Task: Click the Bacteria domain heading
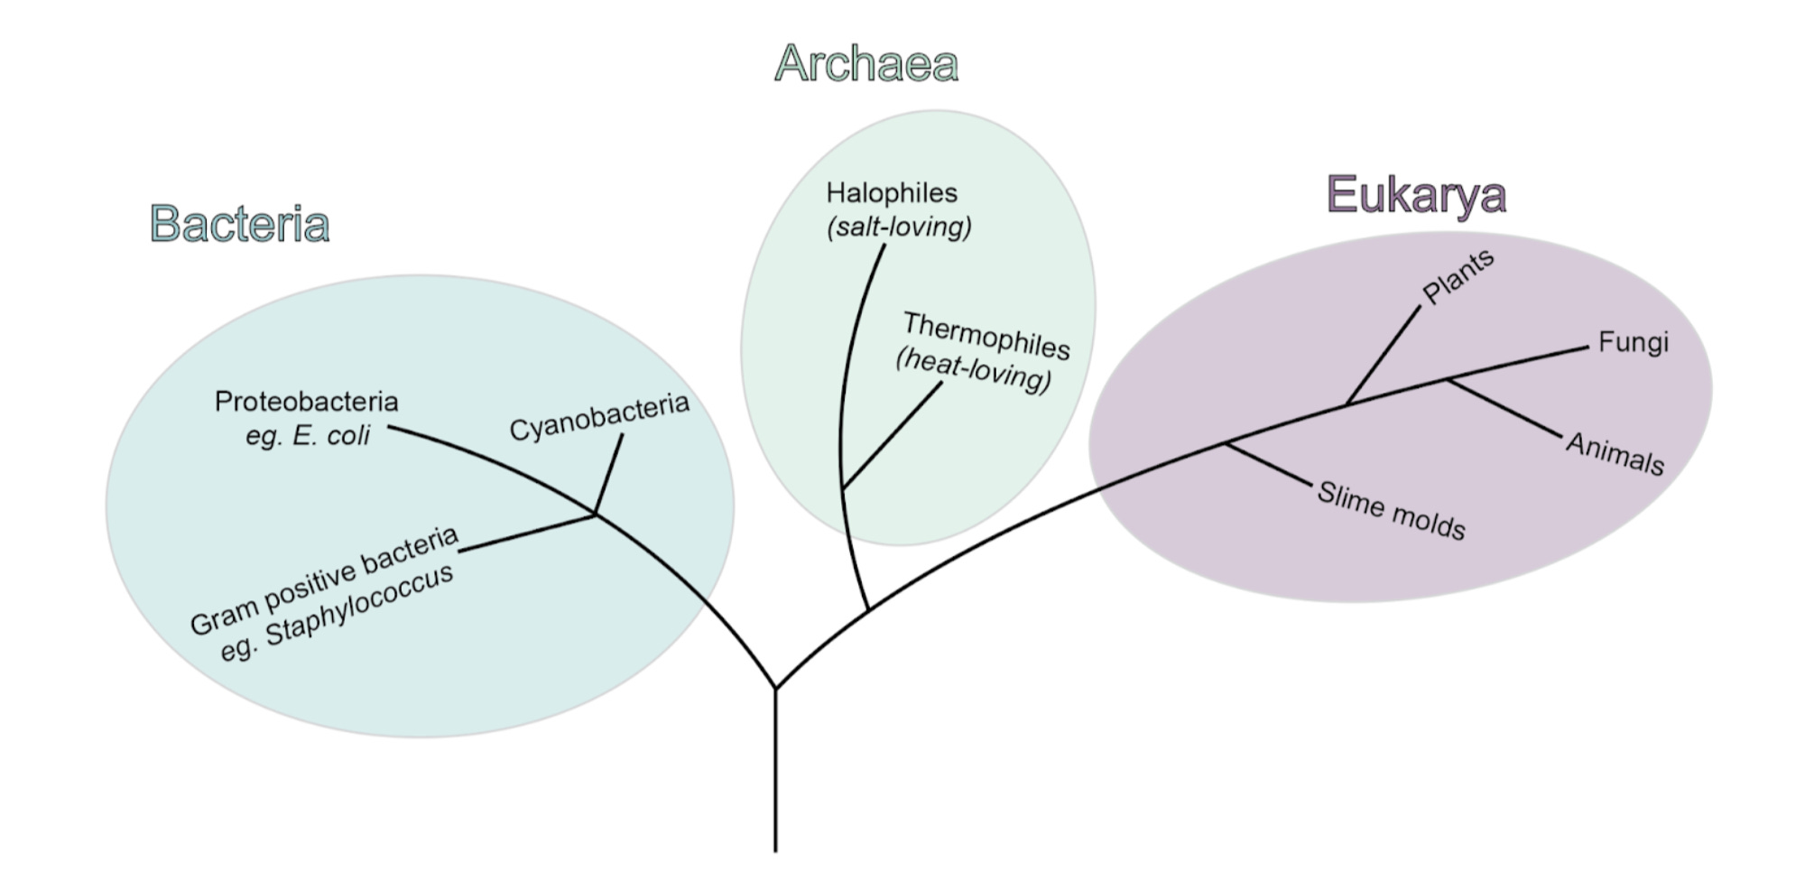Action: click(x=239, y=224)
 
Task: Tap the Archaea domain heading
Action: click(x=865, y=64)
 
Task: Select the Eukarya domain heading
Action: click(x=1415, y=195)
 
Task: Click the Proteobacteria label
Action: click(x=306, y=402)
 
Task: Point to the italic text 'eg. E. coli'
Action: click(x=307, y=436)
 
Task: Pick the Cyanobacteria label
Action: click(x=599, y=417)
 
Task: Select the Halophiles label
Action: click(x=892, y=193)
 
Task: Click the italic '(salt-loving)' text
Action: click(x=899, y=227)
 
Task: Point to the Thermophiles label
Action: click(x=986, y=336)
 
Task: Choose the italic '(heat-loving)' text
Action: click(x=974, y=371)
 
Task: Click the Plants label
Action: click(x=1458, y=276)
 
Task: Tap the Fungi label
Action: click(x=1633, y=342)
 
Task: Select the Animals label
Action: click(x=1615, y=453)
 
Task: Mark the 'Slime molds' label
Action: click(x=1391, y=510)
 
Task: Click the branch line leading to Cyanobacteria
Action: click(x=609, y=473)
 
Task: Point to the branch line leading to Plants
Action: click(x=1383, y=356)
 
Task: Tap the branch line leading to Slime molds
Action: click(x=1268, y=464)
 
